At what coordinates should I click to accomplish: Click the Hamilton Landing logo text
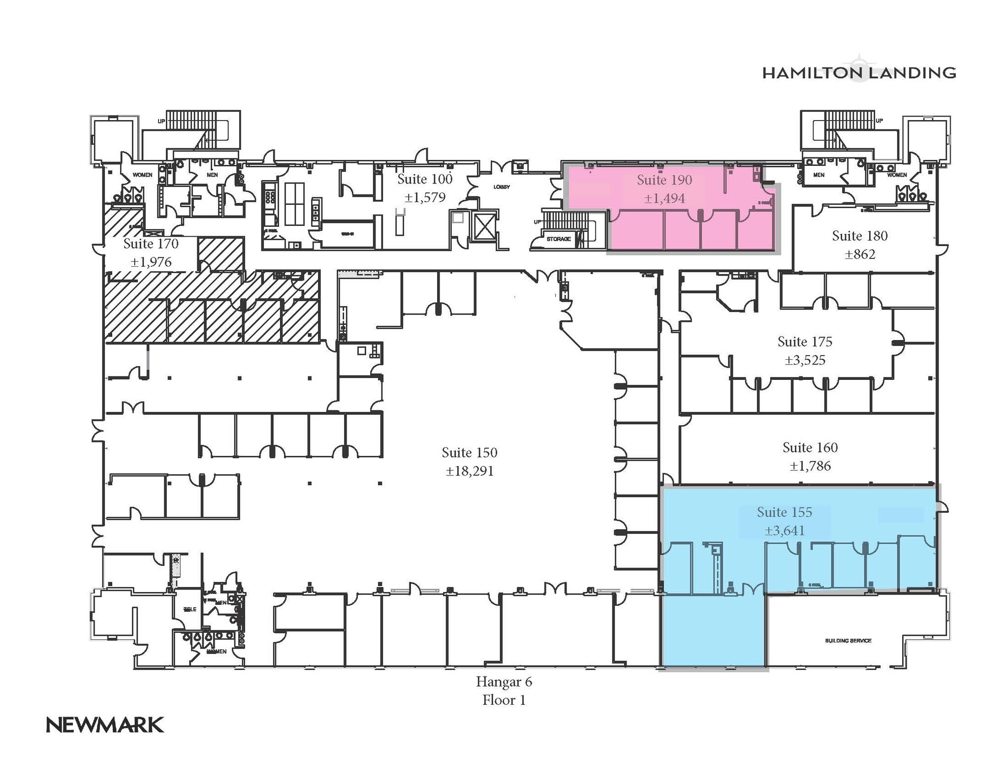(x=858, y=73)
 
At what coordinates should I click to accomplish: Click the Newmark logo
(x=105, y=725)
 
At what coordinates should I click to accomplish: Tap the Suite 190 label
(x=664, y=180)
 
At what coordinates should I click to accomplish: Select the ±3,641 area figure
(x=785, y=531)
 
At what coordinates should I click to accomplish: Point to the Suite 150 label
(x=469, y=453)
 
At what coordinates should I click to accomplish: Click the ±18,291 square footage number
(x=469, y=471)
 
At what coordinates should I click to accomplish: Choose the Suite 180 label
(x=859, y=236)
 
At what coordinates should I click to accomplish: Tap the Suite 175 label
(x=805, y=342)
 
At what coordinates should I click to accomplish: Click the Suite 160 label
(x=810, y=448)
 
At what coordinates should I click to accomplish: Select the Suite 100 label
(x=424, y=179)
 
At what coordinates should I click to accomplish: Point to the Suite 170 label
(x=151, y=244)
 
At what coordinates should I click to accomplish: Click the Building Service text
(x=848, y=641)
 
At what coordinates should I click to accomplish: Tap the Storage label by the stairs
(x=559, y=239)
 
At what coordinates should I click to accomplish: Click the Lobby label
(x=502, y=187)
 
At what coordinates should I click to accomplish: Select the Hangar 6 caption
(x=504, y=682)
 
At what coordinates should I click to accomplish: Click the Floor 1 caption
(x=504, y=700)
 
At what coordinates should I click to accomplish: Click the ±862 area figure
(x=859, y=255)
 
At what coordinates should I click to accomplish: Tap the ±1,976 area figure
(x=151, y=262)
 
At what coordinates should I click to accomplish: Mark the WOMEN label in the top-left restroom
(x=142, y=175)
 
